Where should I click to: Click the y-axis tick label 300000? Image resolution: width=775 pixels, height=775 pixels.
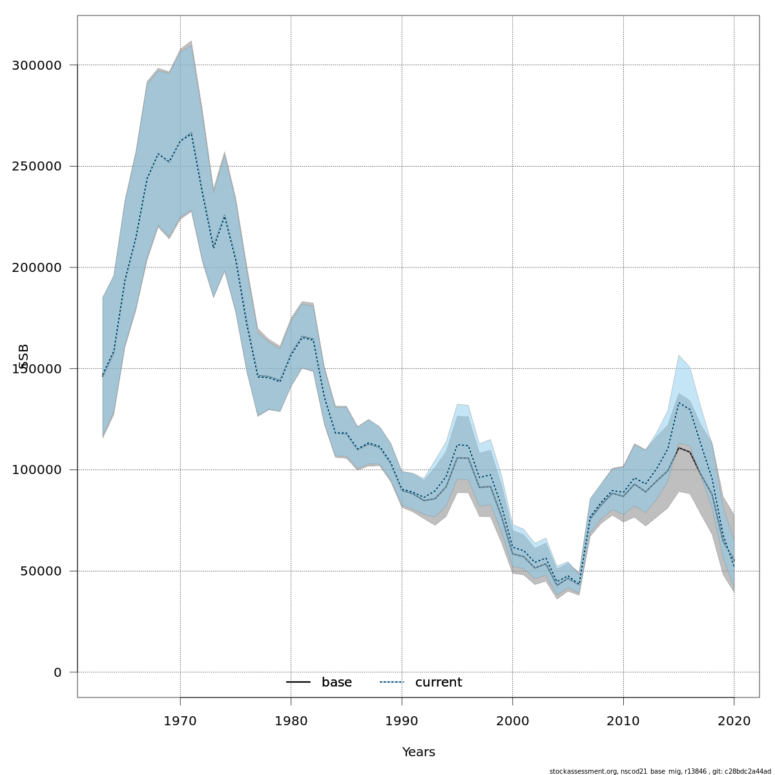pos(37,65)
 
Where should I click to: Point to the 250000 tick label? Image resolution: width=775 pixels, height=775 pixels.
pos(37,167)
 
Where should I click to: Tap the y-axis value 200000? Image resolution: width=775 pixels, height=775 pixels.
pos(37,267)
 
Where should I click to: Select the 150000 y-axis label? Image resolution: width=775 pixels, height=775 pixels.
pos(37,369)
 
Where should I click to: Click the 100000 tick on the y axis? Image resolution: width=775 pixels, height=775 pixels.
pos(37,470)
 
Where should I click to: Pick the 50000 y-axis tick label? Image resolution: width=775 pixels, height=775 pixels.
pos(41,571)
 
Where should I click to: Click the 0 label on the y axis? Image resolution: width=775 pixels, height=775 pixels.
pos(57,672)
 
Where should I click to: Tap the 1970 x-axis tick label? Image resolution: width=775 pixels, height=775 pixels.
pos(180,721)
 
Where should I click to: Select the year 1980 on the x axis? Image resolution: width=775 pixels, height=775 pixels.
pos(291,721)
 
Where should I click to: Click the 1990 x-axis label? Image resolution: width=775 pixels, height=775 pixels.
pos(402,721)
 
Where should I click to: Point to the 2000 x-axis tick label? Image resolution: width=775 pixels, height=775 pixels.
pos(513,721)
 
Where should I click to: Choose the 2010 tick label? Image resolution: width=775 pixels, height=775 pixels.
pos(623,721)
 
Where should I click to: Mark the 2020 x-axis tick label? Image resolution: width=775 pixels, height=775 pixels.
pos(734,721)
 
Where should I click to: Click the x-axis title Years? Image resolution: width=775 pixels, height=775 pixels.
pos(418,752)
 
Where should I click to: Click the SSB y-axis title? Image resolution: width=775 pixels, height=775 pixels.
pos(25,356)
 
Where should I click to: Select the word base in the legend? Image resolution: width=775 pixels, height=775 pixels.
pos(336,683)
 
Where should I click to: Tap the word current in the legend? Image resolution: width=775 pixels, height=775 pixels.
pos(439,683)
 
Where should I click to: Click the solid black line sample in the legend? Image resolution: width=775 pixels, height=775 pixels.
pos(298,683)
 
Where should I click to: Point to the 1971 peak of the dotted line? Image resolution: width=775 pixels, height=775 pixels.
pos(191,133)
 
